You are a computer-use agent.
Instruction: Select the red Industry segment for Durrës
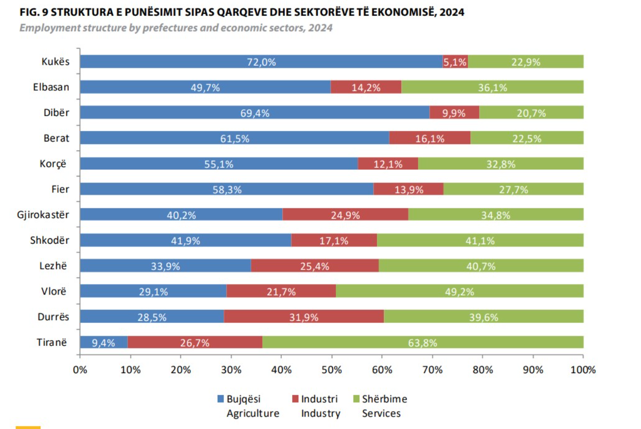click(304, 316)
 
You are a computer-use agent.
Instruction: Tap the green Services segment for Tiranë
click(423, 342)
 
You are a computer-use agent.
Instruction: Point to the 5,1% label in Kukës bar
click(455, 62)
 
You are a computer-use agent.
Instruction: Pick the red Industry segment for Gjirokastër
click(345, 214)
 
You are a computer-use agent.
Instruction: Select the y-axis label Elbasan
click(52, 87)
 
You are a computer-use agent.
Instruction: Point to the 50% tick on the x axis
click(331, 370)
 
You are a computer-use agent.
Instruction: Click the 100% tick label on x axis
click(583, 370)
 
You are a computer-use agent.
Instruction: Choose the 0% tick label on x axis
click(80, 370)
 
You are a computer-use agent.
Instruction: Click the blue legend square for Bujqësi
click(221, 399)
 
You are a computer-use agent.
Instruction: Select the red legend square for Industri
click(295, 399)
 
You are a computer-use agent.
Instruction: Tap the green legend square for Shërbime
click(356, 399)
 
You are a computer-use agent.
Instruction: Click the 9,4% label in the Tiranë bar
click(104, 343)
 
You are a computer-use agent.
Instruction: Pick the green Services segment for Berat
click(527, 138)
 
